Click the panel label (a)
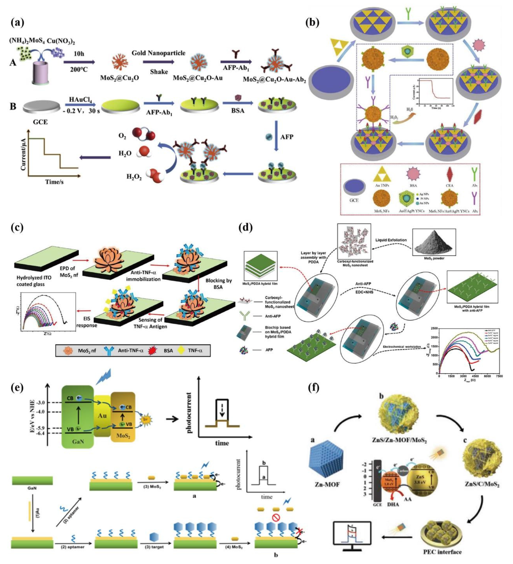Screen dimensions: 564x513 [17, 22]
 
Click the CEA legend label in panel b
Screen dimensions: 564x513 [450, 186]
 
